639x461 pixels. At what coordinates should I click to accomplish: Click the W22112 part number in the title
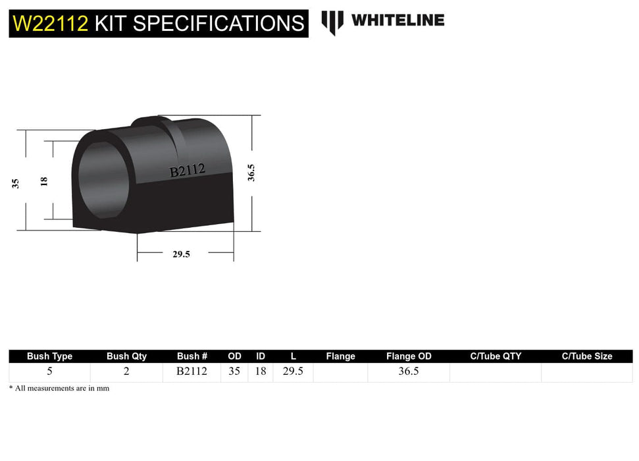tap(50, 24)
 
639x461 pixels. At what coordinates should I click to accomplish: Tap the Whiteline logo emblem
tap(332, 22)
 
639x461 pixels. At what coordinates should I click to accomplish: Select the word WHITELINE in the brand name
tap(397, 20)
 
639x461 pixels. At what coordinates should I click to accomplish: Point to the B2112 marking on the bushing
tap(188, 171)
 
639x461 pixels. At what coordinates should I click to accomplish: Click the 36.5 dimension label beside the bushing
tap(251, 173)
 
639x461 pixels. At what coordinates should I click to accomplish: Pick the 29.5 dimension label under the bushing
tap(181, 254)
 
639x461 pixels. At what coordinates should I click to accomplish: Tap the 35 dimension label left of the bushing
tap(15, 184)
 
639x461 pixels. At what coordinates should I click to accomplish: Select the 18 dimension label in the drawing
tap(44, 180)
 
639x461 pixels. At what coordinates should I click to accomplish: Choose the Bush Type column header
tap(49, 356)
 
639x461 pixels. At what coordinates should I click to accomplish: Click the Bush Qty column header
tap(127, 356)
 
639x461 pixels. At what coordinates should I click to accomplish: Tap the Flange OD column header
tap(409, 356)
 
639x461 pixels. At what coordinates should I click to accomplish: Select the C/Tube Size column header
tap(586, 356)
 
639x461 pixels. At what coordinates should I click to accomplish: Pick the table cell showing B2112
tap(192, 371)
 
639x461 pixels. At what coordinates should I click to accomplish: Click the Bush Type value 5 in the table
tap(49, 371)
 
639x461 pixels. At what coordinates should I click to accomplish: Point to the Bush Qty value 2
tap(126, 371)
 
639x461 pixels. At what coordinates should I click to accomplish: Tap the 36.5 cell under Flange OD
tap(409, 371)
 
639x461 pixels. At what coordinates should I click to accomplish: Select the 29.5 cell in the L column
tap(293, 371)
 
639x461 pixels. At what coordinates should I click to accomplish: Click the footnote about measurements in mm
tap(59, 389)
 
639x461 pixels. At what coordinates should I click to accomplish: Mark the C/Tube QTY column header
tap(496, 356)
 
